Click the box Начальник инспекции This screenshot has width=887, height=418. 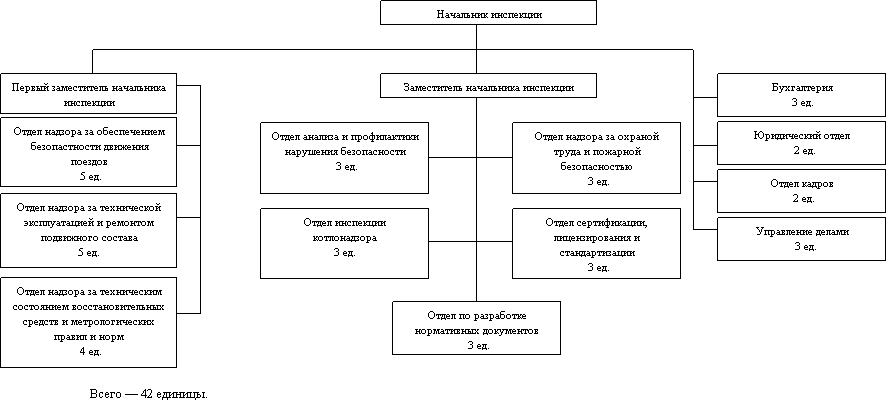tap(488, 13)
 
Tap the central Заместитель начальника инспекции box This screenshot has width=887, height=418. tap(488, 87)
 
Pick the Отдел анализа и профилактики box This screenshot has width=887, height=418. tap(344, 157)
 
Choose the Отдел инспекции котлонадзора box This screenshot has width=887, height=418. tap(344, 243)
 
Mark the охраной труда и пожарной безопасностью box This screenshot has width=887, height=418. tap(596, 157)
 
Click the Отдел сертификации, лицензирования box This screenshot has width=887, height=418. tap(596, 243)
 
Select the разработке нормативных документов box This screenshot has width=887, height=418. tap(476, 327)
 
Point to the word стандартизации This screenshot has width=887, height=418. tap(597, 254)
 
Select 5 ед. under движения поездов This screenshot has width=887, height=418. tap(88, 174)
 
